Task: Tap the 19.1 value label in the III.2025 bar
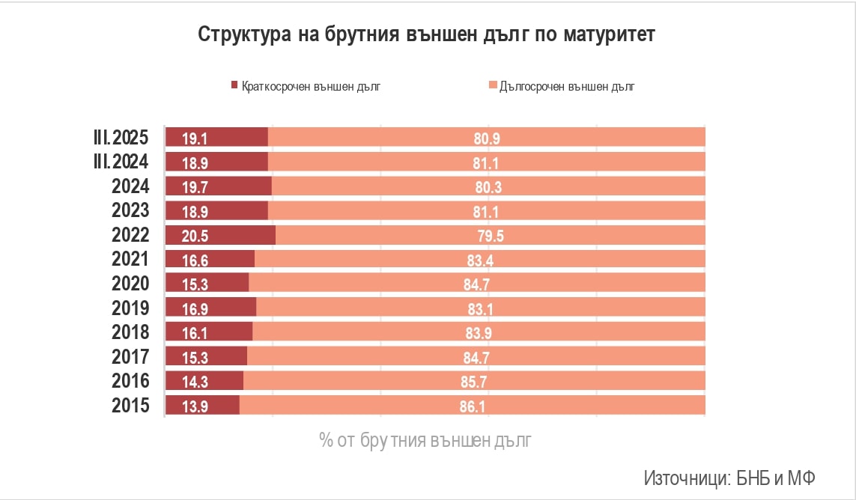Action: pyautogui.click(x=194, y=138)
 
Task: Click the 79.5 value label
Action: pyautogui.click(x=490, y=236)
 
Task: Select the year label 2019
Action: pyautogui.click(x=130, y=308)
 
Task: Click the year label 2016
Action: pyautogui.click(x=130, y=380)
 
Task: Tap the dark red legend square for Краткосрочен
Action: pyautogui.click(x=234, y=86)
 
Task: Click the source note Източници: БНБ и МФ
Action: pyautogui.click(x=729, y=478)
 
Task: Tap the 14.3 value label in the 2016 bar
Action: pyautogui.click(x=194, y=382)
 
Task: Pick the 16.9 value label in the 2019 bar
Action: pyautogui.click(x=194, y=308)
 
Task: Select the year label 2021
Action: pyautogui.click(x=130, y=259)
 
